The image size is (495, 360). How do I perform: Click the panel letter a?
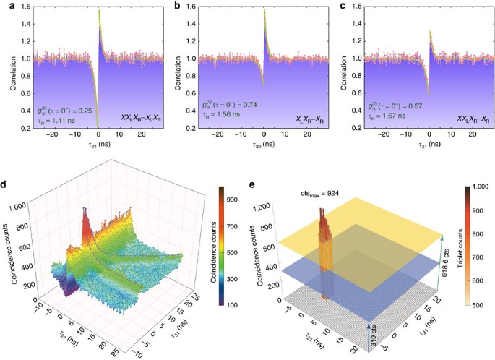point(6,7)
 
